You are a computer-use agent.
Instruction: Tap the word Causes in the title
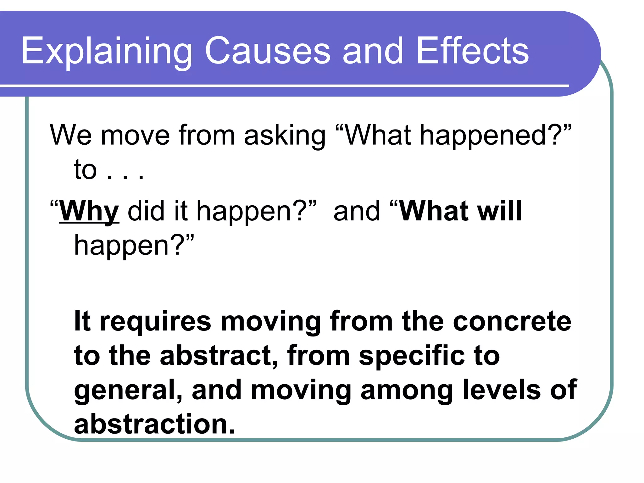pyautogui.click(x=267, y=51)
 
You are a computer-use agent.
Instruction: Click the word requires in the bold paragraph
pyautogui.click(x=155, y=322)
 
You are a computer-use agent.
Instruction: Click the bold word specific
pyautogui.click(x=412, y=357)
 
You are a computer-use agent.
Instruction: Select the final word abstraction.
pyautogui.click(x=154, y=425)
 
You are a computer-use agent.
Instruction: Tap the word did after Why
pyautogui.click(x=146, y=211)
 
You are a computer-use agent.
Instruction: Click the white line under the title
pyautogui.click(x=283, y=86)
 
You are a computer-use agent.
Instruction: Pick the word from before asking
pyautogui.click(x=207, y=135)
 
